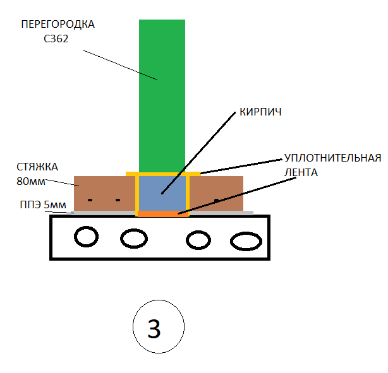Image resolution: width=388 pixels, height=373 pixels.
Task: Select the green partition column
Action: [162, 95]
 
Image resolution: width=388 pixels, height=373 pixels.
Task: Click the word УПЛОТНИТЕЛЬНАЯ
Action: [332, 157]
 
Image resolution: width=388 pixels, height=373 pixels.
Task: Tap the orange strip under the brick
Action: [162, 214]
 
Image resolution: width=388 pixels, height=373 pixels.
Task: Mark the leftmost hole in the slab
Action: [87, 237]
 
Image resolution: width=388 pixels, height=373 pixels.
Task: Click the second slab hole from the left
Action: [133, 239]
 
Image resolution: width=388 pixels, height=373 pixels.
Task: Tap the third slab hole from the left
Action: [198, 240]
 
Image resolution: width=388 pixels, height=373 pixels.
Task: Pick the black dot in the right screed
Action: [216, 200]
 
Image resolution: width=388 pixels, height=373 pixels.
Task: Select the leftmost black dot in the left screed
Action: [90, 200]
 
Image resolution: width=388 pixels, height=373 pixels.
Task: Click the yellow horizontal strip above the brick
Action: [163, 174]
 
